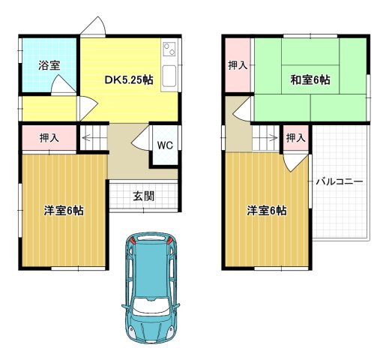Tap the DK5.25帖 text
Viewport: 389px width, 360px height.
[x=128, y=80]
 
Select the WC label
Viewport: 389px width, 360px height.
[x=165, y=145]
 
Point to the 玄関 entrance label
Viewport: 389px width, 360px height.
[x=144, y=196]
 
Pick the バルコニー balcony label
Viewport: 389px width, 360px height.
[x=339, y=181]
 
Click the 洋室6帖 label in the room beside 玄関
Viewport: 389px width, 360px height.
[x=63, y=211]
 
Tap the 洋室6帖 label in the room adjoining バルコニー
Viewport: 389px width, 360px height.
[x=267, y=211]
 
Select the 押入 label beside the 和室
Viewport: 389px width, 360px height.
[x=238, y=66]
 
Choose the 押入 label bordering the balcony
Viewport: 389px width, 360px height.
[x=295, y=138]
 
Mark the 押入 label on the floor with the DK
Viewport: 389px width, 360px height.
[x=46, y=138]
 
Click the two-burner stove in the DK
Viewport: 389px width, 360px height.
[x=169, y=50]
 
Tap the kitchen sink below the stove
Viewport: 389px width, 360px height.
[x=169, y=76]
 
